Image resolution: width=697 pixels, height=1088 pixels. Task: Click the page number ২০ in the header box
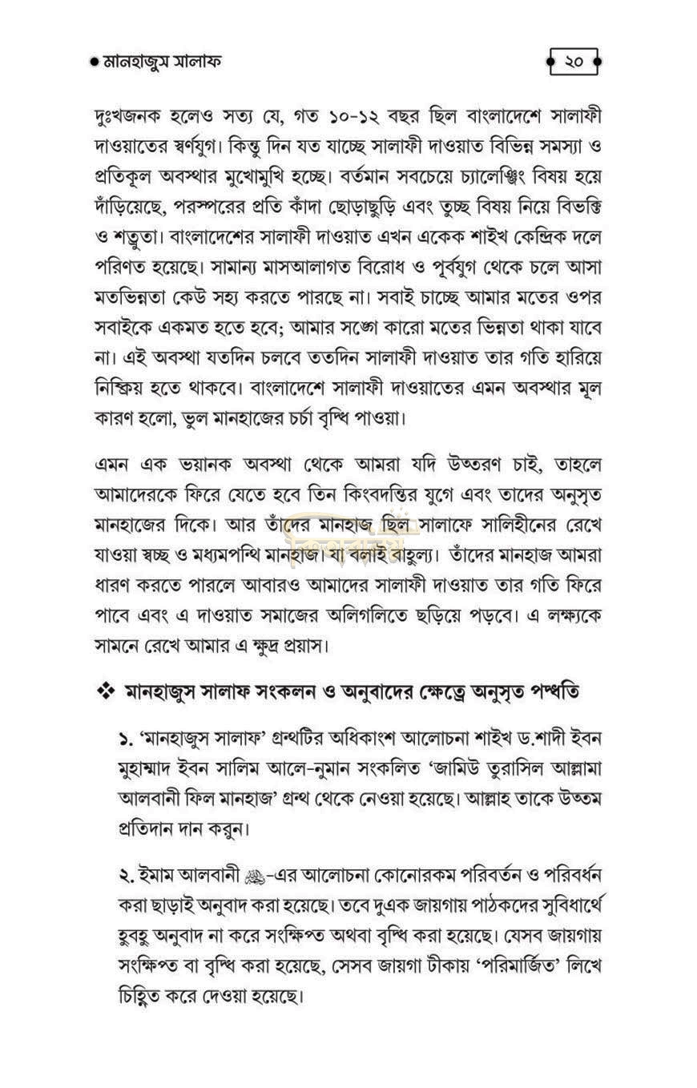click(x=574, y=62)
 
